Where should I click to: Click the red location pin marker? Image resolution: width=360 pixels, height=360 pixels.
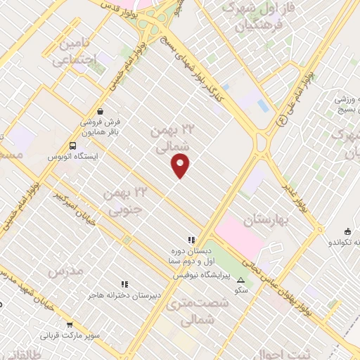pyautogui.click(x=181, y=165)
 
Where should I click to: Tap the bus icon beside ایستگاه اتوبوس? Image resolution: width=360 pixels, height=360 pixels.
pyautogui.click(x=72, y=146)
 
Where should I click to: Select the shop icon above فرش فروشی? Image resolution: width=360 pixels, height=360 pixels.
pyautogui.click(x=101, y=111)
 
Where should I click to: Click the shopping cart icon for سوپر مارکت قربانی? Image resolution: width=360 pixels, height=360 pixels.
pyautogui.click(x=70, y=324)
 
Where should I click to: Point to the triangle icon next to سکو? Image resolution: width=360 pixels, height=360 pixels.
pyautogui.click(x=240, y=280)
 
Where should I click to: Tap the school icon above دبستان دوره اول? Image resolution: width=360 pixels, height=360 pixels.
pyautogui.click(x=191, y=240)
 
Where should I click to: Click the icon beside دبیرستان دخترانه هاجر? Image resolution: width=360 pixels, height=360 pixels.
pyautogui.click(x=124, y=284)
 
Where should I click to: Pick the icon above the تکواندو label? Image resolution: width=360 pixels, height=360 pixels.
pyautogui.click(x=347, y=232)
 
